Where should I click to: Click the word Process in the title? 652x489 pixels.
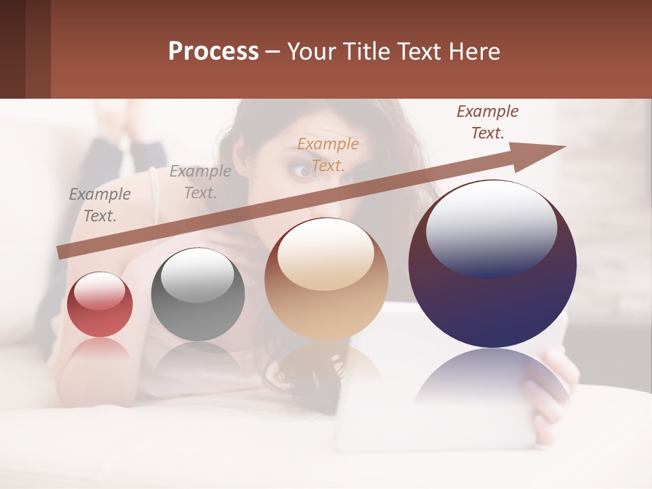click(213, 52)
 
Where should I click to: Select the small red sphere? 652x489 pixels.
click(100, 304)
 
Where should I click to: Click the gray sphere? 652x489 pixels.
click(198, 295)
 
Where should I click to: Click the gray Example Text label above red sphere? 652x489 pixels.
click(99, 205)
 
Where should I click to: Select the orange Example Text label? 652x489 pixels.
click(328, 154)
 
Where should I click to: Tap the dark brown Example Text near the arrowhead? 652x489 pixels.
click(487, 122)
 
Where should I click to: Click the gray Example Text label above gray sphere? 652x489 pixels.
click(200, 181)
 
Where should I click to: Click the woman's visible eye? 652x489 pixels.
click(301, 170)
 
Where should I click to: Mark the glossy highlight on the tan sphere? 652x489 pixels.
click(325, 253)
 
